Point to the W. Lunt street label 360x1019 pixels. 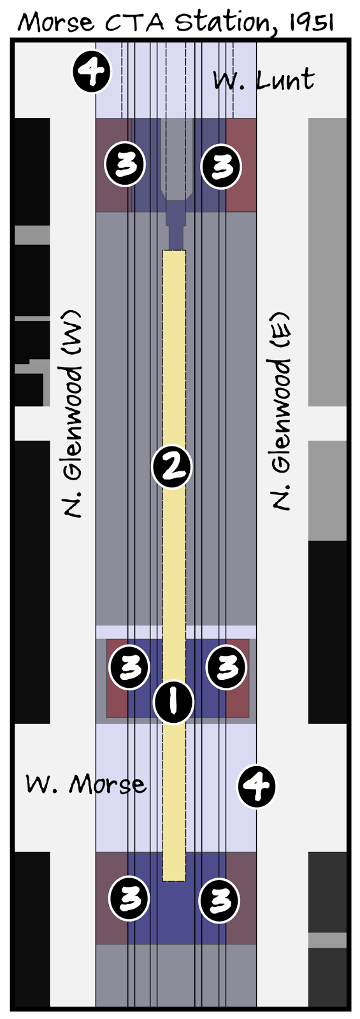point(264,80)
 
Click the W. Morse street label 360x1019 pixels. point(86,784)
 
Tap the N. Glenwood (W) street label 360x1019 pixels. point(73,415)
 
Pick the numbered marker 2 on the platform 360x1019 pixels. point(171,467)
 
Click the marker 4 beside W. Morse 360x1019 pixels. point(257,786)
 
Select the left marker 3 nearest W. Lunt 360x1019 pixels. point(125,164)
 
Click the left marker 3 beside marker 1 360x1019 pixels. point(129,667)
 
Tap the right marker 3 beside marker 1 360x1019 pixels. point(226,667)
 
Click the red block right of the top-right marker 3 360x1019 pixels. point(241,165)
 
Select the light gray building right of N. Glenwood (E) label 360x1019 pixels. point(328,262)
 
